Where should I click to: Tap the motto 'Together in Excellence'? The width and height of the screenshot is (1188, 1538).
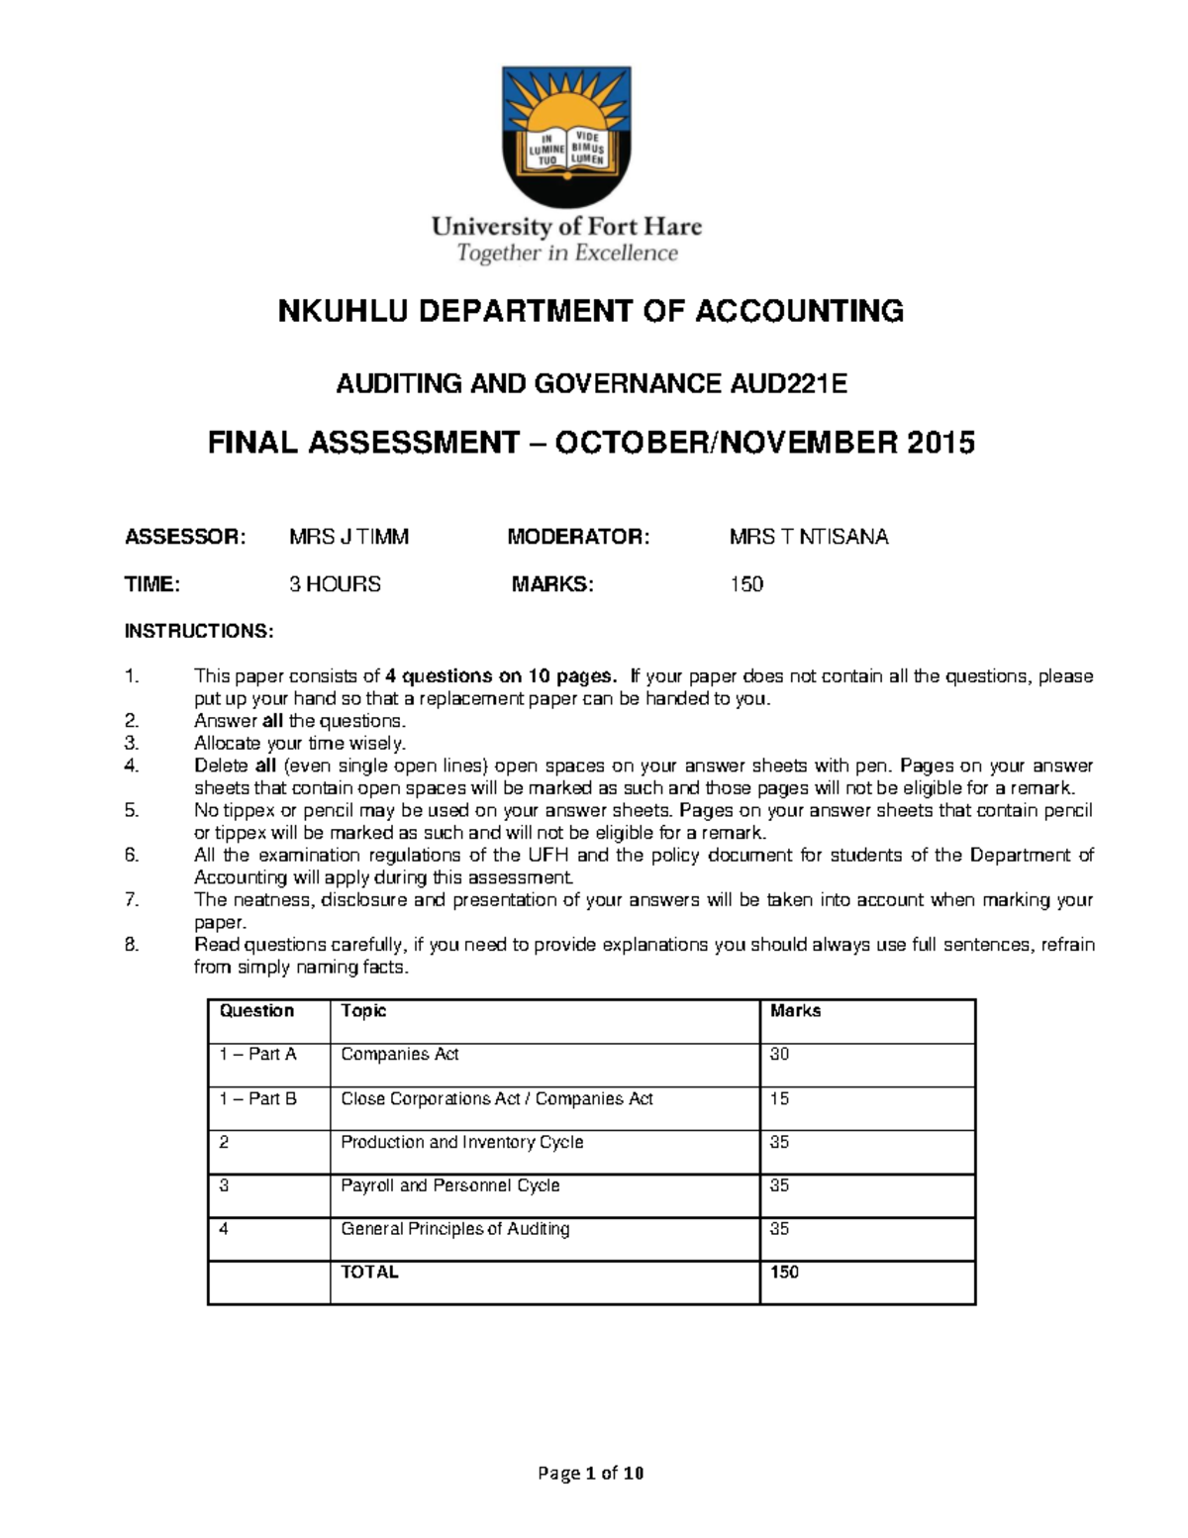click(x=566, y=254)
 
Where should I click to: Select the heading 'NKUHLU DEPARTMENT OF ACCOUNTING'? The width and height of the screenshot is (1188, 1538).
click(x=591, y=311)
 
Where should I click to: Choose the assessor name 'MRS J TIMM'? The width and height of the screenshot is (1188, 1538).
click(x=348, y=537)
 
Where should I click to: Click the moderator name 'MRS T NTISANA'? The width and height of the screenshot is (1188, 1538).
click(x=809, y=537)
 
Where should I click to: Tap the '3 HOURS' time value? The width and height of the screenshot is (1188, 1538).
click(x=335, y=584)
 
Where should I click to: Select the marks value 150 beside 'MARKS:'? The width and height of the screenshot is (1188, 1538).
click(x=746, y=584)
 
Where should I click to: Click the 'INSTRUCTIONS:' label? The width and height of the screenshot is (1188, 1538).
click(x=198, y=631)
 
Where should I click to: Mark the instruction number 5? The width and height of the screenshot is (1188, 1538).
click(x=133, y=810)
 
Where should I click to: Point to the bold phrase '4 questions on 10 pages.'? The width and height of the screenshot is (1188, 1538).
click(x=501, y=676)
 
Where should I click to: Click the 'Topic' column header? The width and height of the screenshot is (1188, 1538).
click(x=363, y=1011)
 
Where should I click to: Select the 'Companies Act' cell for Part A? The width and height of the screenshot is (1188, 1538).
click(x=400, y=1055)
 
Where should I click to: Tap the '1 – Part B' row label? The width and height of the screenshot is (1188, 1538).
click(x=257, y=1098)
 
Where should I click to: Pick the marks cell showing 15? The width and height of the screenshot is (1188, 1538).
click(x=779, y=1098)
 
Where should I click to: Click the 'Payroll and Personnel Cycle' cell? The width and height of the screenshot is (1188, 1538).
click(x=450, y=1185)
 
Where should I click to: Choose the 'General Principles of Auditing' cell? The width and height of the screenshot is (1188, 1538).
click(x=455, y=1229)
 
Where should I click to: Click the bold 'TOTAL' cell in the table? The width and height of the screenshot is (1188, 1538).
click(x=369, y=1273)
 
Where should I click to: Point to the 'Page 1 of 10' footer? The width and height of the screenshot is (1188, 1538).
click(x=591, y=1473)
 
